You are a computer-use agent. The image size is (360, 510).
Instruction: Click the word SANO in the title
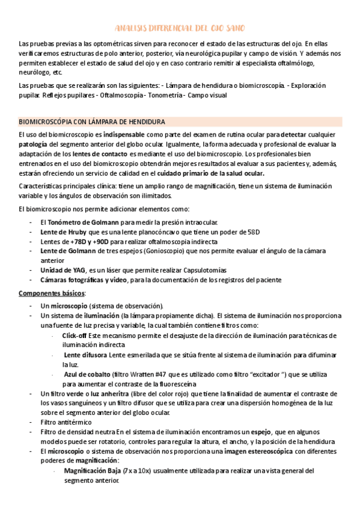(234, 28)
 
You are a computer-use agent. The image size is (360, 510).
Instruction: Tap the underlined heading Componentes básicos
(52, 293)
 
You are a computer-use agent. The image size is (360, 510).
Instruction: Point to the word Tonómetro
(67, 223)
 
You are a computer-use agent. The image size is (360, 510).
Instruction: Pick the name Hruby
(76, 232)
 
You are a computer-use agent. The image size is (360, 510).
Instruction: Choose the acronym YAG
(78, 270)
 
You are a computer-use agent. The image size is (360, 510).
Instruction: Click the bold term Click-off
(75, 335)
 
